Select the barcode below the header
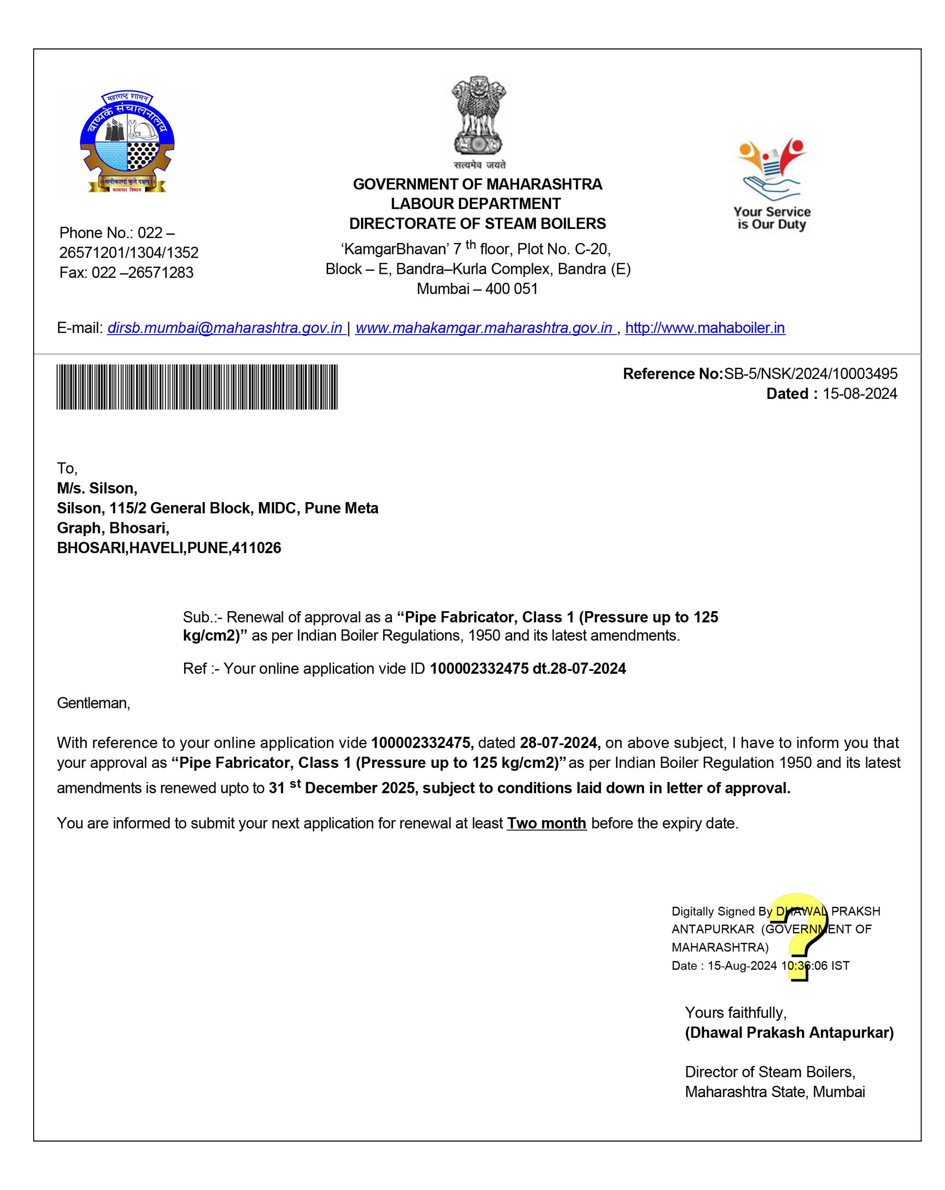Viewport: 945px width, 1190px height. point(197,387)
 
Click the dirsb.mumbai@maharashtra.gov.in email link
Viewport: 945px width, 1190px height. point(225,328)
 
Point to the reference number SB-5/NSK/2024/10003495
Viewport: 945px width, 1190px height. point(810,374)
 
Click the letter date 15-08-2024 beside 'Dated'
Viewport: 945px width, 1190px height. point(859,393)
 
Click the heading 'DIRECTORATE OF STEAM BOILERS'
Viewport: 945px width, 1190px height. point(477,223)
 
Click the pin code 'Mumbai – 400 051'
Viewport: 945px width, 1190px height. point(477,289)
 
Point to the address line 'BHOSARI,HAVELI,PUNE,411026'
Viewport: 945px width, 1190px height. point(169,547)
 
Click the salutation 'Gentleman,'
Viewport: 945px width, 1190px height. point(93,703)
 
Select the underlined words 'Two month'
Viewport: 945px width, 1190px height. point(546,823)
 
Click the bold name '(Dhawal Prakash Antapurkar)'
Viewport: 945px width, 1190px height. point(789,1032)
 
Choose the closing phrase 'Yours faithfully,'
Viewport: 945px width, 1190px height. point(735,1012)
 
